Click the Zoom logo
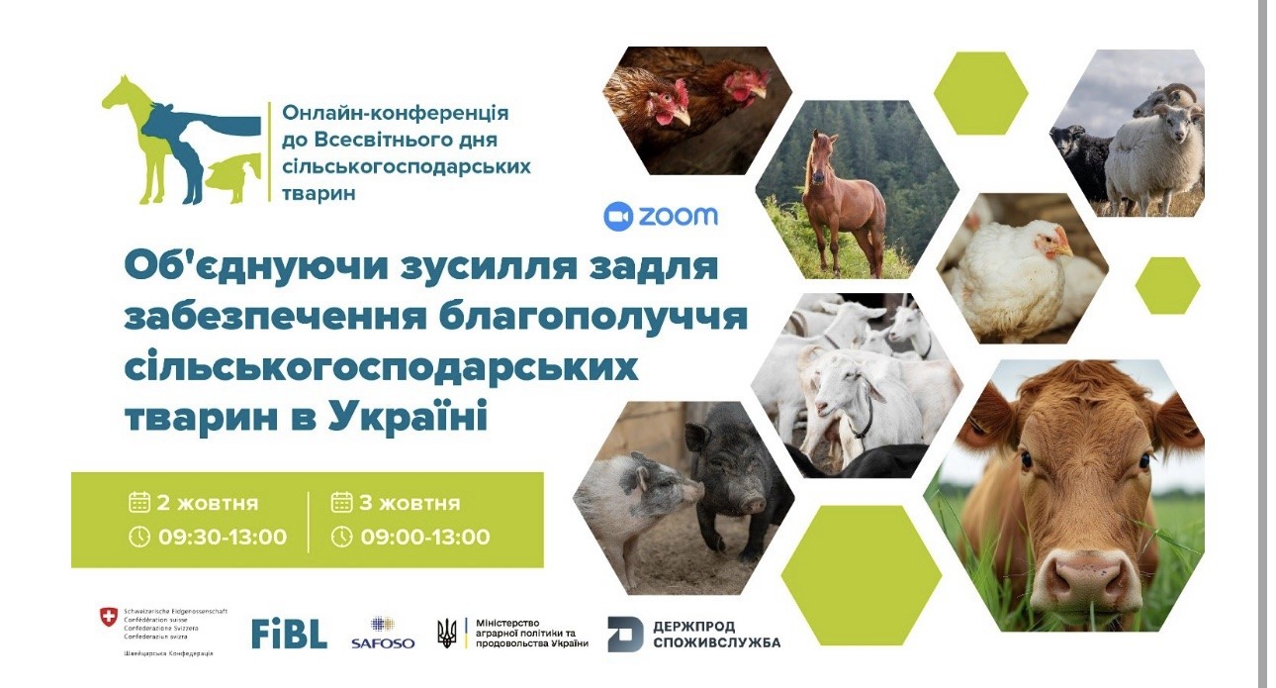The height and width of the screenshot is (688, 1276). coord(660,216)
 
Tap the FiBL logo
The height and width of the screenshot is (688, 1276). coord(289,634)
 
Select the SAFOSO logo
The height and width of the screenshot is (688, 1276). coord(382,634)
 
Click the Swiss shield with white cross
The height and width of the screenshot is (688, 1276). coord(108,617)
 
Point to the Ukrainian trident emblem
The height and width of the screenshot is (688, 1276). coord(447,632)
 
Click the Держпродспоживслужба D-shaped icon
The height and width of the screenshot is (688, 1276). coord(625,634)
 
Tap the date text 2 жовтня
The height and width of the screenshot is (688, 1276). coord(207,503)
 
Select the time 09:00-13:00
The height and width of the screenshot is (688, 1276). coord(425,538)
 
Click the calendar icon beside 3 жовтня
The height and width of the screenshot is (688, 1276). coord(341,502)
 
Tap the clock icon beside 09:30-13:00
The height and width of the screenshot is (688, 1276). coord(139,538)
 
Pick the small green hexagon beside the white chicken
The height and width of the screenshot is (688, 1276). coord(1167,285)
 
